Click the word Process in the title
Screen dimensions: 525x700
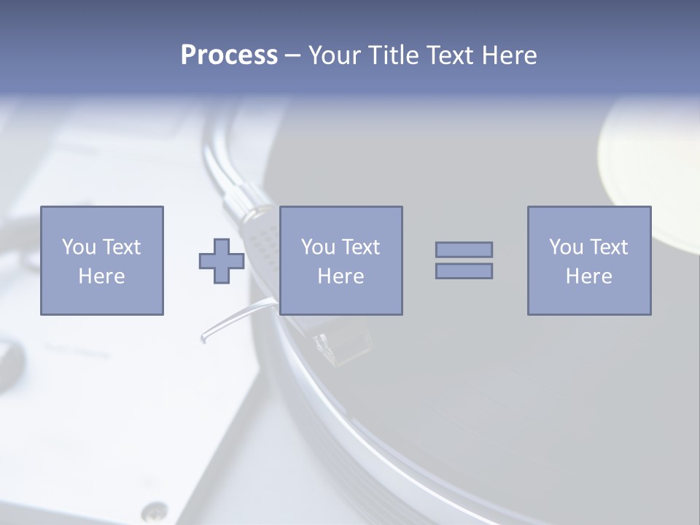(x=229, y=55)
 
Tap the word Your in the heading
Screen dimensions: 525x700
(x=333, y=55)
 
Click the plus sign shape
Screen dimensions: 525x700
(x=222, y=260)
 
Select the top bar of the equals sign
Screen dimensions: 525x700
(x=464, y=249)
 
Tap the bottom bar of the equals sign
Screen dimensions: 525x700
(x=464, y=271)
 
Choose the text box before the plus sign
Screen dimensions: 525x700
(x=101, y=260)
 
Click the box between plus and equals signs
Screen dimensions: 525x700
(x=341, y=260)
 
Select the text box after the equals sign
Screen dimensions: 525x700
(x=588, y=260)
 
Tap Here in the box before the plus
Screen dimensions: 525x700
(x=101, y=276)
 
